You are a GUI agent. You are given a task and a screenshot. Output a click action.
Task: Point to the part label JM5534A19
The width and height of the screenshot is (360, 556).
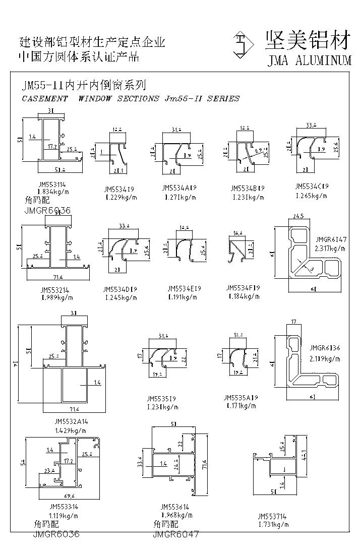(x=179, y=188)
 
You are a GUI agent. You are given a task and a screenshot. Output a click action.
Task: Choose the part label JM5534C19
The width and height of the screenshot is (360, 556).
(x=312, y=186)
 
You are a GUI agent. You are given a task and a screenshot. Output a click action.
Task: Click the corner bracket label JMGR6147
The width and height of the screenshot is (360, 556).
(x=331, y=240)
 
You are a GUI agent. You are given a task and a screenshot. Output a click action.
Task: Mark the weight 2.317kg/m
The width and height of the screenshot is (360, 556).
(x=330, y=249)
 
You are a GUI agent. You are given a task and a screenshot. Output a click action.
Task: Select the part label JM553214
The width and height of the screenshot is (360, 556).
(x=56, y=290)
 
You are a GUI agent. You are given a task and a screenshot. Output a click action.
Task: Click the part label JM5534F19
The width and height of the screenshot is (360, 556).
(x=244, y=288)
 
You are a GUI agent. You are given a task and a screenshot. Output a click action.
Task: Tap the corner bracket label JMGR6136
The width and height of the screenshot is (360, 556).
(x=325, y=348)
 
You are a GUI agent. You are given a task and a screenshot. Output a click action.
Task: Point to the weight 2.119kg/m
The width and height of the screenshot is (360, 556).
(x=325, y=359)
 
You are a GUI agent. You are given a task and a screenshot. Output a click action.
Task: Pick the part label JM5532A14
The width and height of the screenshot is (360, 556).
(x=71, y=421)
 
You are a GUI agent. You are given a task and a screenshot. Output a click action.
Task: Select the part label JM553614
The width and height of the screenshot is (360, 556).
(x=175, y=507)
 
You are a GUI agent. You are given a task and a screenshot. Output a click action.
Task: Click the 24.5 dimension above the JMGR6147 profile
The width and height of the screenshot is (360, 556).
(x=297, y=217)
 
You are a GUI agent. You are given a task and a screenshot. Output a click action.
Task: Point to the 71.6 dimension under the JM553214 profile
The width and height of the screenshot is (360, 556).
(x=56, y=278)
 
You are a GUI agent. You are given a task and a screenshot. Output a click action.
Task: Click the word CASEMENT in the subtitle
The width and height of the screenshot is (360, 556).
(x=45, y=99)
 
